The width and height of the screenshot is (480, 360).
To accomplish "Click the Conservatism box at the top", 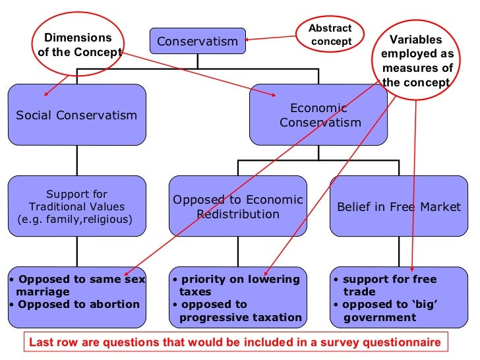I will click(197, 42).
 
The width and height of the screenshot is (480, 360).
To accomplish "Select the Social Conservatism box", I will click(76, 115).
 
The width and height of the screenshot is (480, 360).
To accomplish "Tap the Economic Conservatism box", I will click(318, 115).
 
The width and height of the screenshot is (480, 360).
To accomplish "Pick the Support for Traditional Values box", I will click(76, 206).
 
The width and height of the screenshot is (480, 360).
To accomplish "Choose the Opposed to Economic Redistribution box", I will click(237, 206).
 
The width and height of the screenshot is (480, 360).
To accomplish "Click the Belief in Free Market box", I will click(398, 206).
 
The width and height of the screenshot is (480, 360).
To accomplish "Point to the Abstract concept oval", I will click(331, 35).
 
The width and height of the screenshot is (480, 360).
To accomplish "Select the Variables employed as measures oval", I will click(417, 61).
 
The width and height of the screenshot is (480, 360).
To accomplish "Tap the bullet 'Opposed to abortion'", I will click(76, 304).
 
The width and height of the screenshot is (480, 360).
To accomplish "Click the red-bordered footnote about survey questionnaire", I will click(235, 343).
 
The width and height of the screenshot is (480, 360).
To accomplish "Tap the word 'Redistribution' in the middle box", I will click(237, 214).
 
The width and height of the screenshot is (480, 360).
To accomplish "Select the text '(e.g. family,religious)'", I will click(75, 218).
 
